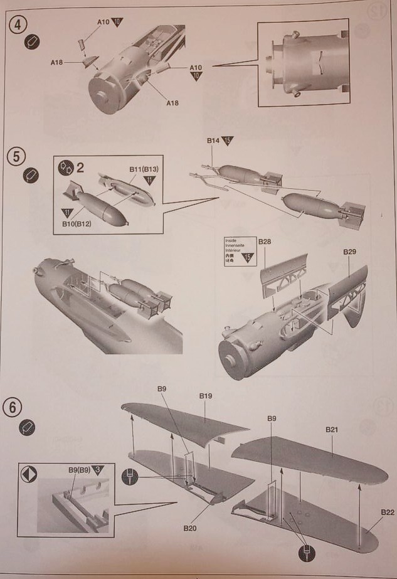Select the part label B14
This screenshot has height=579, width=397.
tap(213, 142)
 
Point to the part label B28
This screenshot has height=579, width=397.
tap(264, 242)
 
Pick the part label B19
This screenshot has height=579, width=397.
tap(206, 396)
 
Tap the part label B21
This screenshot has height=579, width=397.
tap(332, 429)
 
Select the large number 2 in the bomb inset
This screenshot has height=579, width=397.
tap(80, 167)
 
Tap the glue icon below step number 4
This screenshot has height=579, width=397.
tap(30, 42)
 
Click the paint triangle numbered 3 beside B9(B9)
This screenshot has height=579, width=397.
tap(97, 469)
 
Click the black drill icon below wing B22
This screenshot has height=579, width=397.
tap(307, 554)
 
